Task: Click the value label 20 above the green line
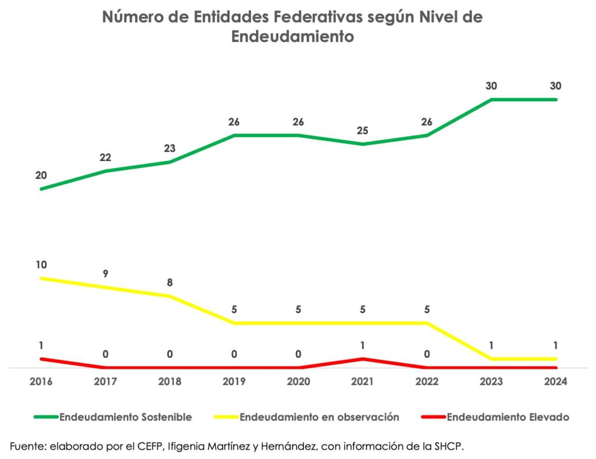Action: point(41,175)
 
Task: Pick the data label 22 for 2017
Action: point(105,158)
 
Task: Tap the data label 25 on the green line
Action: point(363,130)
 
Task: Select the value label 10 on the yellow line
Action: point(41,265)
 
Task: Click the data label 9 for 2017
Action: point(105,273)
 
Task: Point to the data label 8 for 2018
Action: point(169,283)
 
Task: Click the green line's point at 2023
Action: point(492,99)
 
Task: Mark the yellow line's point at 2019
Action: point(234,323)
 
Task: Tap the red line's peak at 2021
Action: point(363,359)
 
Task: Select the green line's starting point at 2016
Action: point(41,189)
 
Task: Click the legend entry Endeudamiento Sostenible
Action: point(125,417)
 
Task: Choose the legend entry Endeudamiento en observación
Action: point(319,417)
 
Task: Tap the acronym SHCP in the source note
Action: point(449,446)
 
